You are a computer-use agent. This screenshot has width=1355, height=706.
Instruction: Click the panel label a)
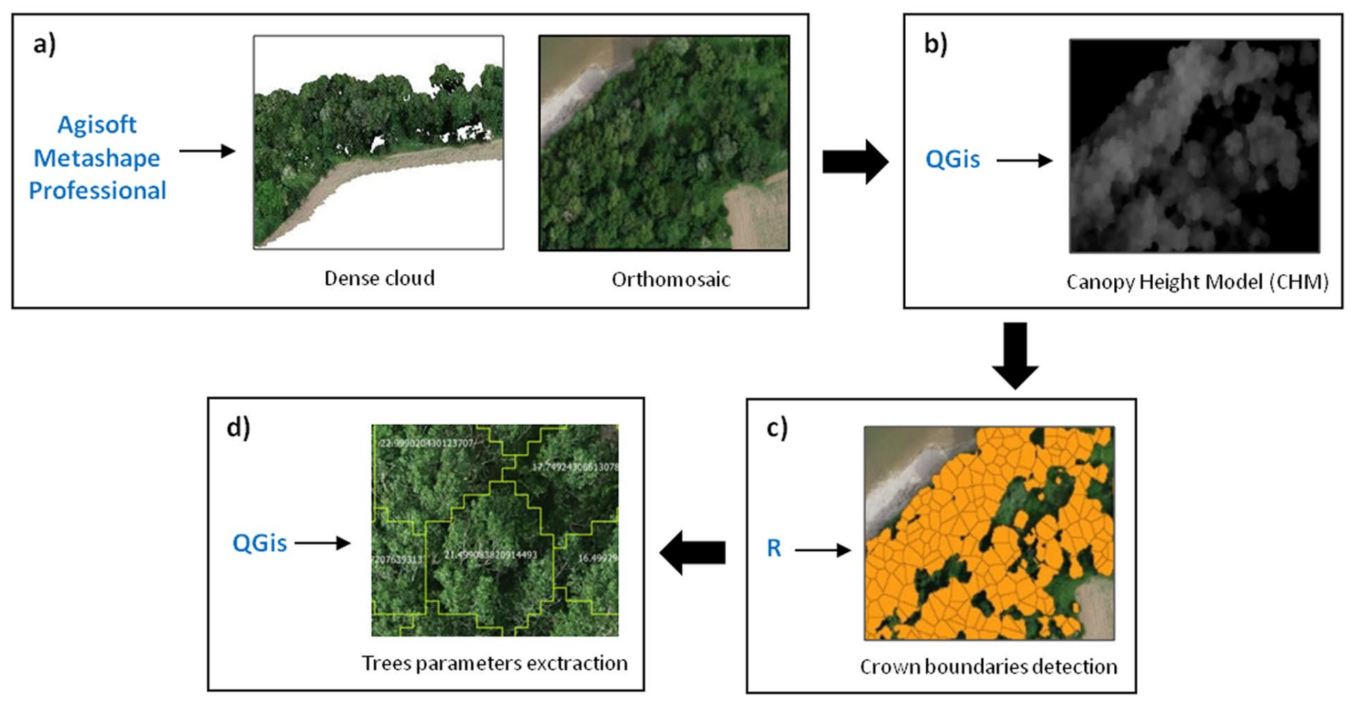pyautogui.click(x=45, y=45)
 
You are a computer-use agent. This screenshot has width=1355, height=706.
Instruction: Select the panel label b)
pyautogui.click(x=935, y=44)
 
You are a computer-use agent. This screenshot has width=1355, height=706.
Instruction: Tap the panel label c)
pyautogui.click(x=776, y=428)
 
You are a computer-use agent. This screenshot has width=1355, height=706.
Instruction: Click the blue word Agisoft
pyautogui.click(x=97, y=124)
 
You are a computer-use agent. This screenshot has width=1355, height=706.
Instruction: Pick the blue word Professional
pyautogui.click(x=97, y=191)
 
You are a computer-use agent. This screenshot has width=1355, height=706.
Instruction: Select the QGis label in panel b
pyautogui.click(x=952, y=159)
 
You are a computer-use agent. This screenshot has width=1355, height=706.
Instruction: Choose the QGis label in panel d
pyautogui.click(x=259, y=543)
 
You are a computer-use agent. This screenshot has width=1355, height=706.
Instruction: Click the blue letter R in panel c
pyautogui.click(x=774, y=548)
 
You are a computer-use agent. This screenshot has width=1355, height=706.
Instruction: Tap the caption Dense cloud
pyautogui.click(x=379, y=278)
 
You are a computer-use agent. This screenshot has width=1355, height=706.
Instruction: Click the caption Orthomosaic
pyautogui.click(x=670, y=280)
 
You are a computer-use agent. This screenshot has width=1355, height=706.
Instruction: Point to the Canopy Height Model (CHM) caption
pyautogui.click(x=1197, y=282)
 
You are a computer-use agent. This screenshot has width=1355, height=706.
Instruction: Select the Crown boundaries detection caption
pyautogui.click(x=988, y=667)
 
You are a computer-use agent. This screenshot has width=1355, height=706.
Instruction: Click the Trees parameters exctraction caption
pyautogui.click(x=495, y=663)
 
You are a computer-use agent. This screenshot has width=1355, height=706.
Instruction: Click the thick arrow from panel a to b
pyautogui.click(x=855, y=161)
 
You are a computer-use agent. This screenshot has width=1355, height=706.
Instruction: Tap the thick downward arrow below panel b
pyautogui.click(x=1015, y=355)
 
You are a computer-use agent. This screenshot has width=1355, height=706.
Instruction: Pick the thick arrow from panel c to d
pyautogui.click(x=693, y=552)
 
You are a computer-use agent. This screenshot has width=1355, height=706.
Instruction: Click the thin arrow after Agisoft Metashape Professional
pyautogui.click(x=207, y=151)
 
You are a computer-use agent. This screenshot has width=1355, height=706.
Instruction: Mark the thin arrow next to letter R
pyautogui.click(x=822, y=550)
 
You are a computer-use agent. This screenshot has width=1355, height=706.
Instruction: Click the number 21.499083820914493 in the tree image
pyautogui.click(x=490, y=555)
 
